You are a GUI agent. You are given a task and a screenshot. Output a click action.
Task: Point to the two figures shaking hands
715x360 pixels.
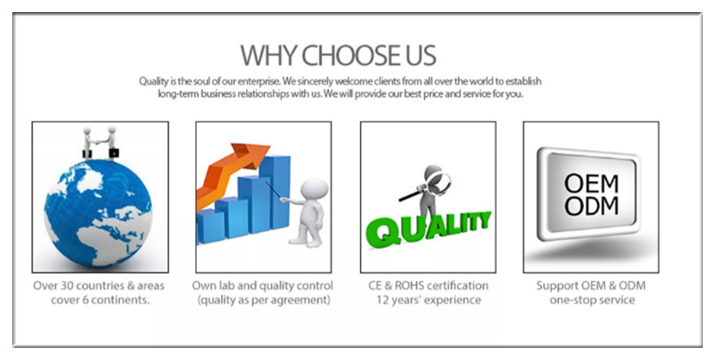pyautogui.click(x=100, y=142)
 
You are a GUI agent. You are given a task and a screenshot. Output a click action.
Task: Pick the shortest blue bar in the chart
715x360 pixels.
pyautogui.click(x=210, y=226)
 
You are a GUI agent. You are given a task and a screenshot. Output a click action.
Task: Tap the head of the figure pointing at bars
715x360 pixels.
pyautogui.click(x=314, y=189)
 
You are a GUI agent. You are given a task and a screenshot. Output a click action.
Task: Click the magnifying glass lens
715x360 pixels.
pyautogui.click(x=440, y=182)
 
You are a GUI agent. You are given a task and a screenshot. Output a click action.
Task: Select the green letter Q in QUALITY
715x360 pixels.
pyautogui.click(x=384, y=231)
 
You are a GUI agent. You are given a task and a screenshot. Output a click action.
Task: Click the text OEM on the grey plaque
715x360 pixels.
pyautogui.click(x=592, y=185)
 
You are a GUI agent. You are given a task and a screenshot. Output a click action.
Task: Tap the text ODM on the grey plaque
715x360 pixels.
pyautogui.click(x=592, y=206)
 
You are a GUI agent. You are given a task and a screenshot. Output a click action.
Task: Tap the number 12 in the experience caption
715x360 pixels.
pyautogui.click(x=383, y=300)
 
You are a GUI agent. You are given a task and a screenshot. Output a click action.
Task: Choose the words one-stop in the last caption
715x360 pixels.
pyautogui.click(x=571, y=300)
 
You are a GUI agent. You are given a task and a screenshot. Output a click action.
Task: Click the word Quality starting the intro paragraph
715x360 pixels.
pyautogui.click(x=154, y=81)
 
